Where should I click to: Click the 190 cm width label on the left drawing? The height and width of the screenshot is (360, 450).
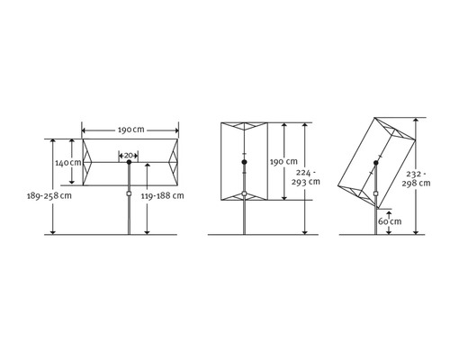130,130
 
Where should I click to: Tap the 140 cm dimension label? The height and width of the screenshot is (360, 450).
68,163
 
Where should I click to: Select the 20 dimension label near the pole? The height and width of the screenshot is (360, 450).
129,156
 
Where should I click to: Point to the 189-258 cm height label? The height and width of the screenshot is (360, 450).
49,196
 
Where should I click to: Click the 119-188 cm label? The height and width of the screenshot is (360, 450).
162,196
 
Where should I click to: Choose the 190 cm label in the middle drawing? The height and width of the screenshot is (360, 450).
283,162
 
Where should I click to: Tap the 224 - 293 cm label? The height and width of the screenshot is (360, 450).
306,177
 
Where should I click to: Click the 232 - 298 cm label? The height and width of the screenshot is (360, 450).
416,178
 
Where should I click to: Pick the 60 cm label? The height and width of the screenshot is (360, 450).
390,221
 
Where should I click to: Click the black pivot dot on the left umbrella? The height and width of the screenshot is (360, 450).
129,162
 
